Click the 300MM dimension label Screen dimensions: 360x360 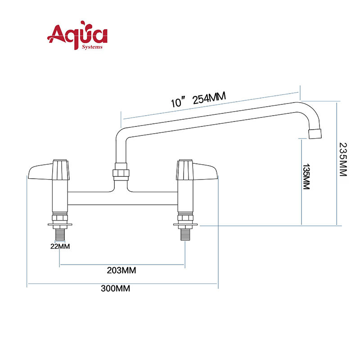click(115, 288)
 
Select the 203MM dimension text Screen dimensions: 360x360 click(121, 270)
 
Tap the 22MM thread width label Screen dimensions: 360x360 click(60, 246)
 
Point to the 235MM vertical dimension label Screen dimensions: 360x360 click(343, 159)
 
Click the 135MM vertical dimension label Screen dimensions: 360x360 click(306, 176)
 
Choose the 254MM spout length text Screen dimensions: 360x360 click(209, 98)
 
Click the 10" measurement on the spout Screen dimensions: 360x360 click(178, 103)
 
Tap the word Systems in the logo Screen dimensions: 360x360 click(92, 47)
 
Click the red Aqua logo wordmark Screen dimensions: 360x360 click(77, 35)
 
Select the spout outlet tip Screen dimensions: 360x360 click(315, 134)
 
